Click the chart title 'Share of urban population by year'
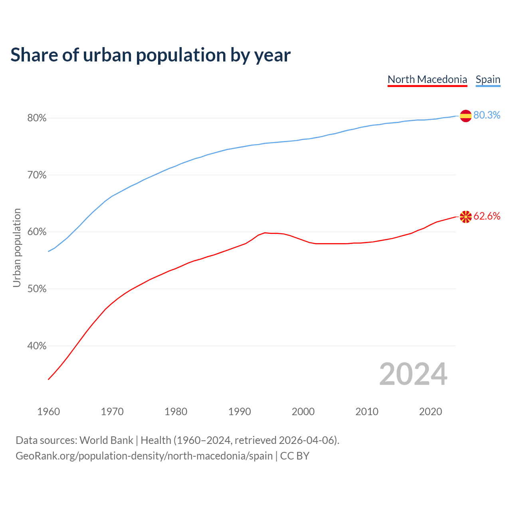(x=151, y=55)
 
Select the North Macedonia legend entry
(x=427, y=79)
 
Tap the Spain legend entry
(x=488, y=79)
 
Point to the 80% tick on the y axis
(x=37, y=118)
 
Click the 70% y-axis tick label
(x=37, y=175)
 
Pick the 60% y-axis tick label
(x=37, y=232)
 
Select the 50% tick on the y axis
(x=37, y=289)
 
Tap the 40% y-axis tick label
(x=37, y=346)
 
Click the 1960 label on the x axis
(x=48, y=412)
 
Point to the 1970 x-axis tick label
(x=112, y=412)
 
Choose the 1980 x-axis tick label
(x=176, y=412)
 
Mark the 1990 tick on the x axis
(x=240, y=412)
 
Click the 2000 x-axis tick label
(x=303, y=412)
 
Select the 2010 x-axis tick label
(x=367, y=412)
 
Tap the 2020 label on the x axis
(x=430, y=412)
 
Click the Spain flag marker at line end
(x=465, y=116)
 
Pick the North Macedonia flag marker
(x=465, y=217)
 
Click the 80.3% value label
(x=487, y=115)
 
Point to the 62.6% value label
(x=487, y=216)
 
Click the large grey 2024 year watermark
(x=413, y=374)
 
